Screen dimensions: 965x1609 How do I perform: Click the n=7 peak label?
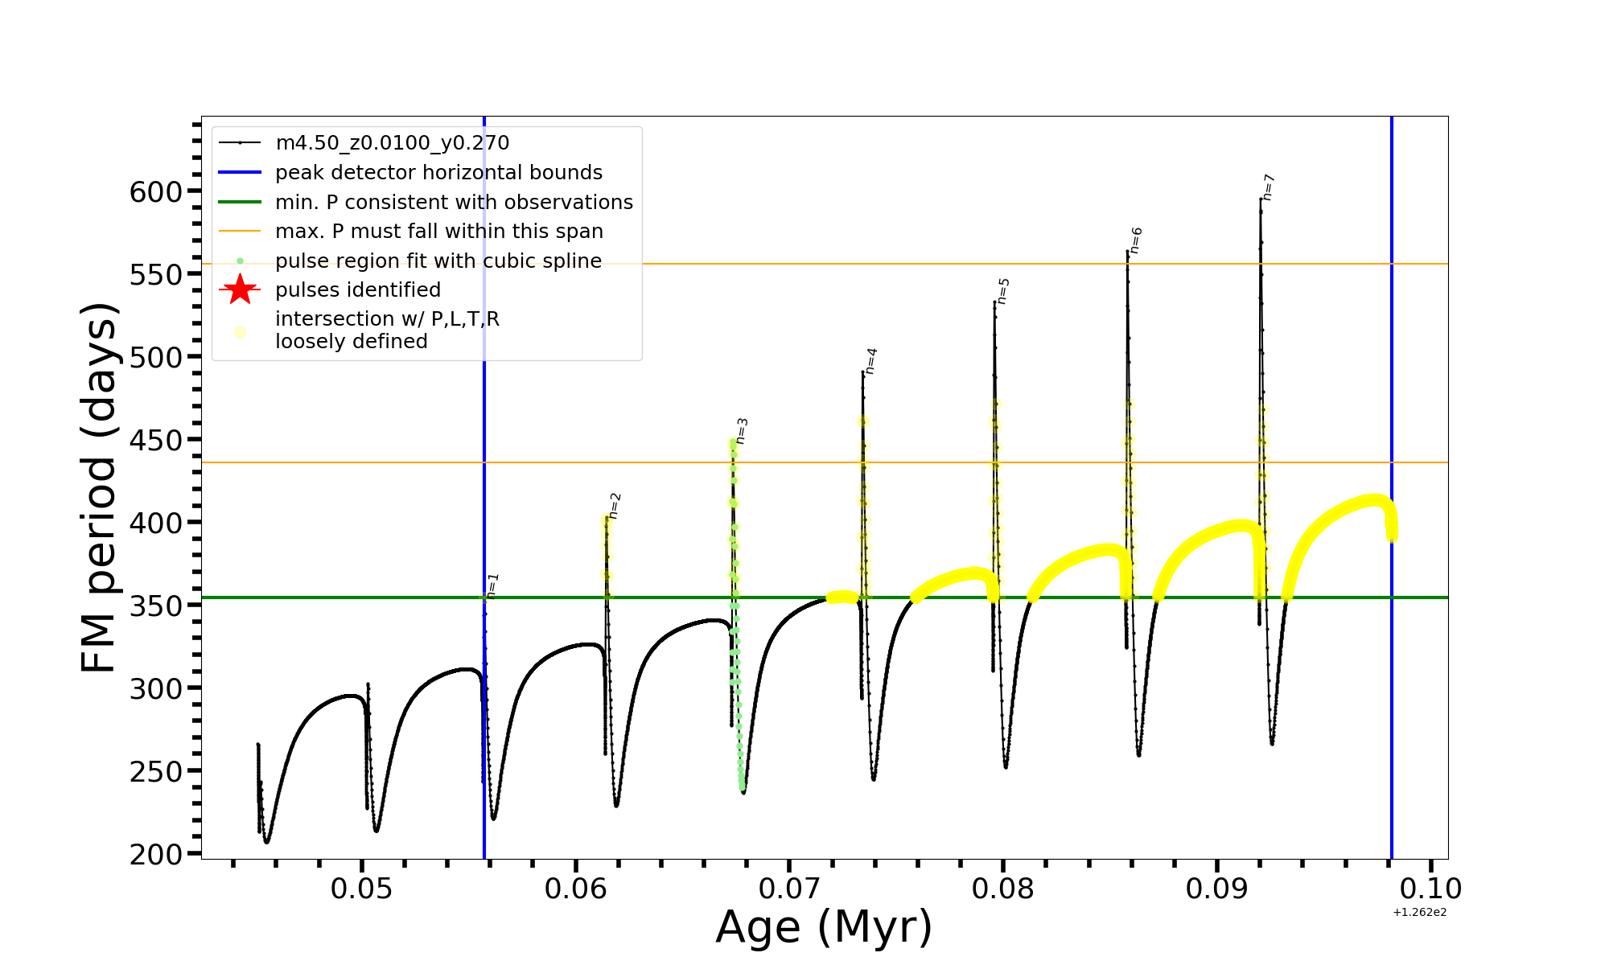(x=1269, y=187)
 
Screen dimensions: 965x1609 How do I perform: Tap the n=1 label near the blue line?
(x=493, y=585)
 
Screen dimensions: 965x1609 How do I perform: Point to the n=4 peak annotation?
(x=871, y=361)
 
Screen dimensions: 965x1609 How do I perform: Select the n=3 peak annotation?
(x=742, y=431)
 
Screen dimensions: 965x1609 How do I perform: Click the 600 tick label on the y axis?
(x=156, y=192)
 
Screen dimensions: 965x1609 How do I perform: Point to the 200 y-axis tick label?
(x=156, y=854)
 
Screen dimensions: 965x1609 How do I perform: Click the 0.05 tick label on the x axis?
(x=362, y=889)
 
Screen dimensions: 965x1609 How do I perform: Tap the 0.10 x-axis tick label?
(x=1430, y=889)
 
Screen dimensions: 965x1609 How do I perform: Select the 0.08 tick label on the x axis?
(x=1003, y=889)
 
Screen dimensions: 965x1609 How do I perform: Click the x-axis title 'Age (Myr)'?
(x=824, y=927)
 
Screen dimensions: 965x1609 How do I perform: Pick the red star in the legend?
(x=240, y=289)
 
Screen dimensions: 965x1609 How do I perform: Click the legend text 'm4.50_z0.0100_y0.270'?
(x=392, y=143)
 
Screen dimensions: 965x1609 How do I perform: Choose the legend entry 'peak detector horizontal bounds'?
(x=438, y=173)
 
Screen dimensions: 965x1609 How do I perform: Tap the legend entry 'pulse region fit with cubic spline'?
(x=438, y=261)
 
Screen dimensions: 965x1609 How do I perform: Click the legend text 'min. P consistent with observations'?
(x=454, y=203)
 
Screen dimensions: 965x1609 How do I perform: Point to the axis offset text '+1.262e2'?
(x=1419, y=912)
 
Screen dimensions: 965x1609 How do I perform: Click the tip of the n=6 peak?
(x=1127, y=252)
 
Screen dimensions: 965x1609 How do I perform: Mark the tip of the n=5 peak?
(x=994, y=302)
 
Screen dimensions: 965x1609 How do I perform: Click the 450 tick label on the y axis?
(x=156, y=441)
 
